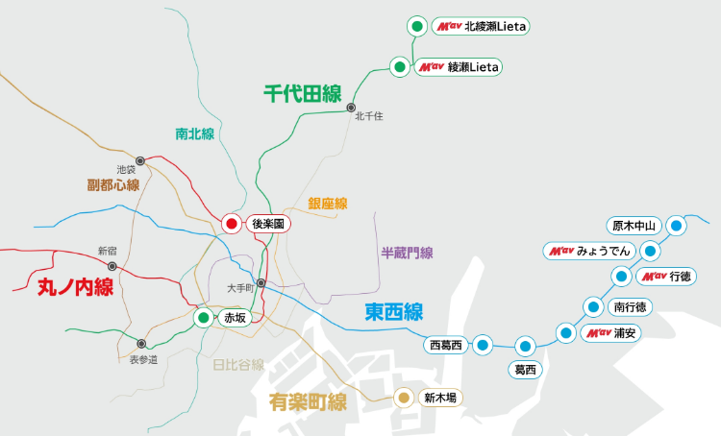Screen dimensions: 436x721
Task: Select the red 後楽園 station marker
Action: (231, 224)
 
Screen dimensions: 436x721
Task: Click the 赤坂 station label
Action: (235, 318)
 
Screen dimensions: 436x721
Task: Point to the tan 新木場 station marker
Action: (405, 398)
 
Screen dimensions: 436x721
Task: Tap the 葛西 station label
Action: (525, 369)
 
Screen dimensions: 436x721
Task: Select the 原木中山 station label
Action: (634, 226)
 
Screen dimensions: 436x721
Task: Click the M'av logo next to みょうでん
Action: (560, 251)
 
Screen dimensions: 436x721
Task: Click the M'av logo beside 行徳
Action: (654, 277)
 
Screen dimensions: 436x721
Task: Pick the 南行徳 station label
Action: (630, 307)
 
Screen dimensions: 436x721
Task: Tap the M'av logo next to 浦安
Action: (598, 333)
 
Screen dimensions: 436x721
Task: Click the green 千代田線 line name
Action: (303, 93)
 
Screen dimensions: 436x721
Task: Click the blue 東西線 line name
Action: (394, 312)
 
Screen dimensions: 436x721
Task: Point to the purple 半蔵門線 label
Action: (408, 253)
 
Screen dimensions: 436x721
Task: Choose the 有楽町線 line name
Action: (308, 401)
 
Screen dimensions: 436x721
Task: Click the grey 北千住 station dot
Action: (352, 107)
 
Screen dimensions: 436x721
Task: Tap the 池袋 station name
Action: (126, 170)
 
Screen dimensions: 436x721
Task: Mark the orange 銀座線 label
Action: (328, 204)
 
